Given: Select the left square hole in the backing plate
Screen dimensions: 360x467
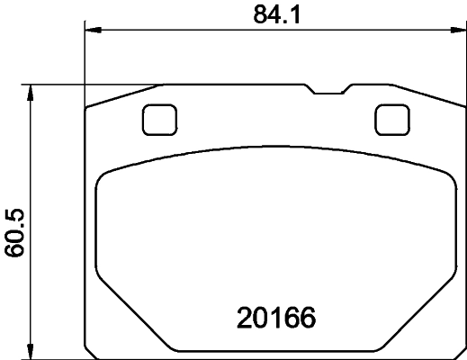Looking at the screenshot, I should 159,119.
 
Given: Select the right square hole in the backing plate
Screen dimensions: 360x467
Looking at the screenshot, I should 391,119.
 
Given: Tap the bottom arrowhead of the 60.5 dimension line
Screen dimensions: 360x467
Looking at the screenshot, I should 32,352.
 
